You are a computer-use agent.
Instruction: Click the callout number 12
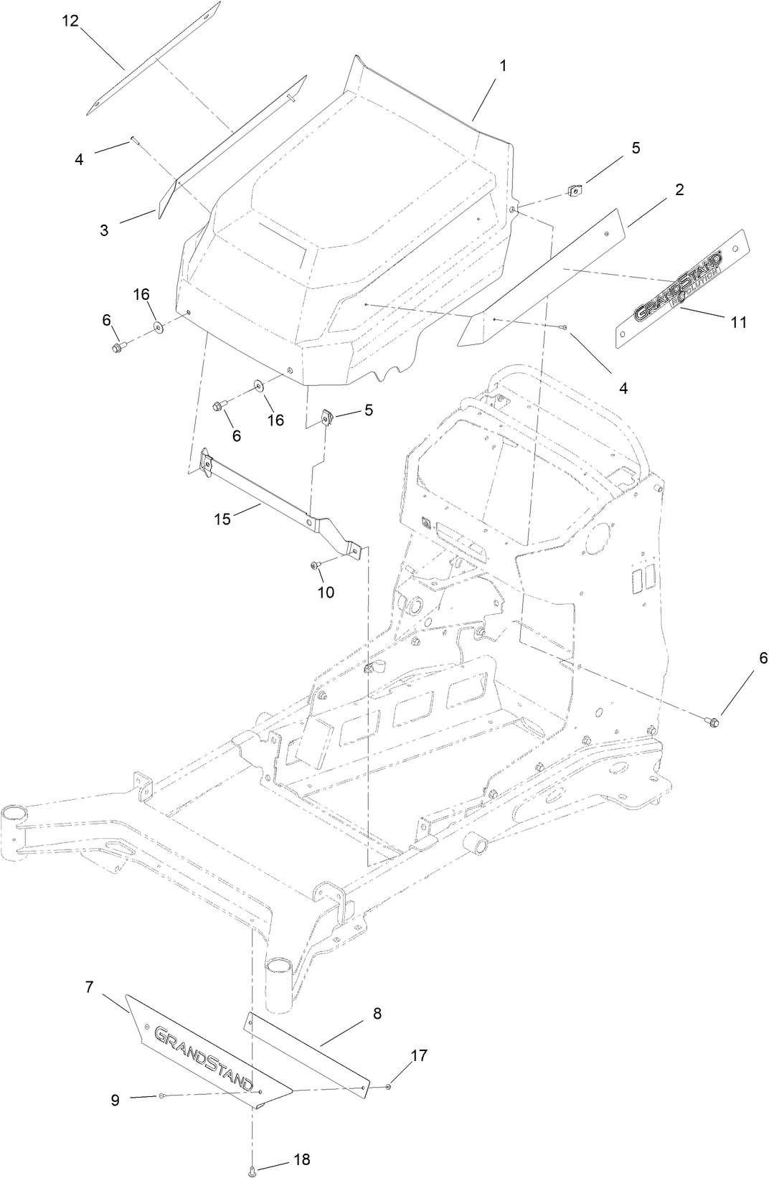[x=70, y=20]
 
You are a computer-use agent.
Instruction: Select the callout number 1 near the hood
[x=503, y=65]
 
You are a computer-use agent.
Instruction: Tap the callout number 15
[x=222, y=519]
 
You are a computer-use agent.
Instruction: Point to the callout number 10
[x=326, y=593]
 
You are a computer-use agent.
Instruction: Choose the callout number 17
[x=419, y=1055]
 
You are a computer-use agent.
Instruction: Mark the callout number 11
[x=739, y=323]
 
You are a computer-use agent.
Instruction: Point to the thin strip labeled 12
[x=153, y=59]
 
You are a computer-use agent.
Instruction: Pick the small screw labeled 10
[x=314, y=566]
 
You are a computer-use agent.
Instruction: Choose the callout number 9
[x=115, y=1100]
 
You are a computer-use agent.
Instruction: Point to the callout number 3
[x=105, y=231]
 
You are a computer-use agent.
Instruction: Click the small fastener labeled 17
[x=388, y=1087]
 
